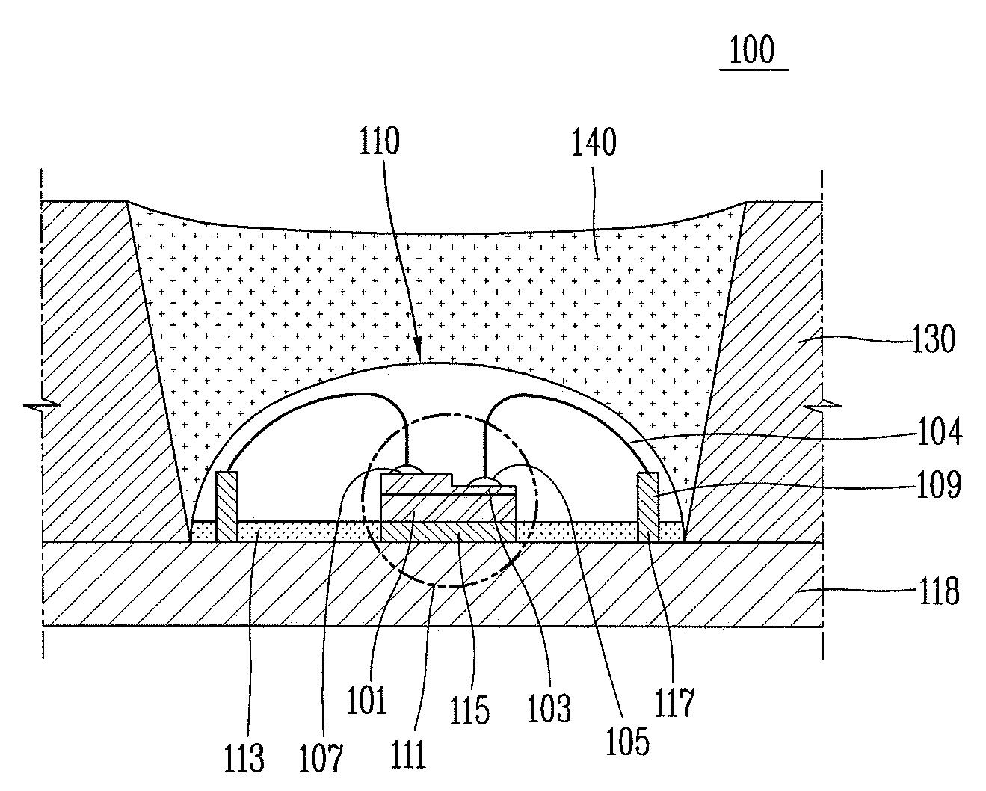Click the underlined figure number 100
point(753,51)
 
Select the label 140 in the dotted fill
point(595,141)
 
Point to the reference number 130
point(933,340)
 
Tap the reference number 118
point(937,591)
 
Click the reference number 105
point(628,739)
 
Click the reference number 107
point(322,757)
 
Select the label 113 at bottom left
point(244,757)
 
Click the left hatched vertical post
point(227,506)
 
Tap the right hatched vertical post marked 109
point(648,506)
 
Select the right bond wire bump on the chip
point(484,482)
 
